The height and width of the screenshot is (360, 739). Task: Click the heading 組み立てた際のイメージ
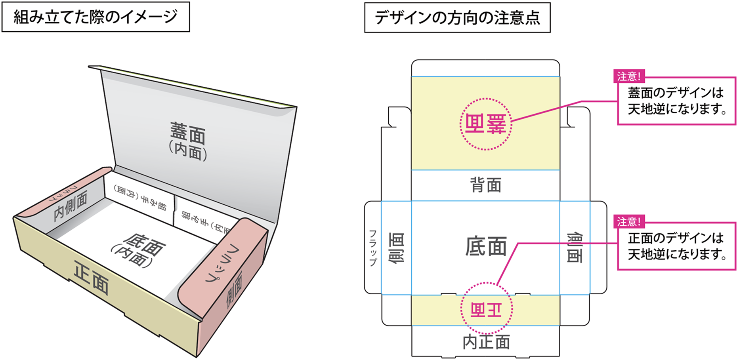tap(95, 17)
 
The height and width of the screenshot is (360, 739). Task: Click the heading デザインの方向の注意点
tap(457, 18)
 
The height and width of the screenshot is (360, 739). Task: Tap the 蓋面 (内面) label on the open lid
tap(188, 141)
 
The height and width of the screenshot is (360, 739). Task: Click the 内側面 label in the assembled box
tap(71, 205)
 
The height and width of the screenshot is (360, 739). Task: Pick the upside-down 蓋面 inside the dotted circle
tap(485, 124)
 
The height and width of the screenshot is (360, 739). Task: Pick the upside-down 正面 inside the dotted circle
tap(486, 310)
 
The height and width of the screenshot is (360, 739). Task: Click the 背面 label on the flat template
tap(486, 185)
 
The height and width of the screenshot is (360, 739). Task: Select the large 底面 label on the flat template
tap(486, 246)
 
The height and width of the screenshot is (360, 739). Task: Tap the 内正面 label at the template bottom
tap(486, 342)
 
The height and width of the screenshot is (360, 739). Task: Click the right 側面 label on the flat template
tap(575, 248)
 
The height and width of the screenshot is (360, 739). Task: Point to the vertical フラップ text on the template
tap(372, 248)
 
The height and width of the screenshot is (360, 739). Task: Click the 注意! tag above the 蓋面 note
tap(629, 76)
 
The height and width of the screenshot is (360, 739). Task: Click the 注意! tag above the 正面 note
tap(629, 221)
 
